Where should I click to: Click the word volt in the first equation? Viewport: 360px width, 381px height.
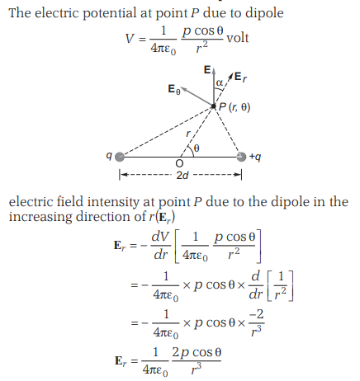coord(238,38)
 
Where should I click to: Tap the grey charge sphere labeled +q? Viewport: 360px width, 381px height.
coord(241,157)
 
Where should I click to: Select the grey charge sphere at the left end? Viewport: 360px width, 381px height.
coord(120,157)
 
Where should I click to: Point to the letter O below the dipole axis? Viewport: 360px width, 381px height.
coord(179,163)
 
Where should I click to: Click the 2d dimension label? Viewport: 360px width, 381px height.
coord(182,175)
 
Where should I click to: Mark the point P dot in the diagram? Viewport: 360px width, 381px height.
coord(214,106)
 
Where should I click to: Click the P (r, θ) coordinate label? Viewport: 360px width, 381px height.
coord(234,107)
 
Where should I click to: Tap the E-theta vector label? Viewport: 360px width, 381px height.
coord(174,90)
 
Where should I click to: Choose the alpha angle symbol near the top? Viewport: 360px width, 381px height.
coord(220,82)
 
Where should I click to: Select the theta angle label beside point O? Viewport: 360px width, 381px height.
coord(197,148)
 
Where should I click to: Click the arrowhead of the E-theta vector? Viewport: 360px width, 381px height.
coord(183,89)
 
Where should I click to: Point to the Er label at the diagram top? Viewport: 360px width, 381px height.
coord(240,77)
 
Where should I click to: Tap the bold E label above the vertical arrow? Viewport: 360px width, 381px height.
coord(207,70)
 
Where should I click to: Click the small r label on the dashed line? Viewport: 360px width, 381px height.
coord(188,134)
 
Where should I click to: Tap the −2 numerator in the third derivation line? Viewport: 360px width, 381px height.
coord(256,314)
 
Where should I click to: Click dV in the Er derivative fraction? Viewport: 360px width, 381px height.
coord(160,237)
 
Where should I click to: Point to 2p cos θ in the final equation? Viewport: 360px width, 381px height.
coord(197,352)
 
